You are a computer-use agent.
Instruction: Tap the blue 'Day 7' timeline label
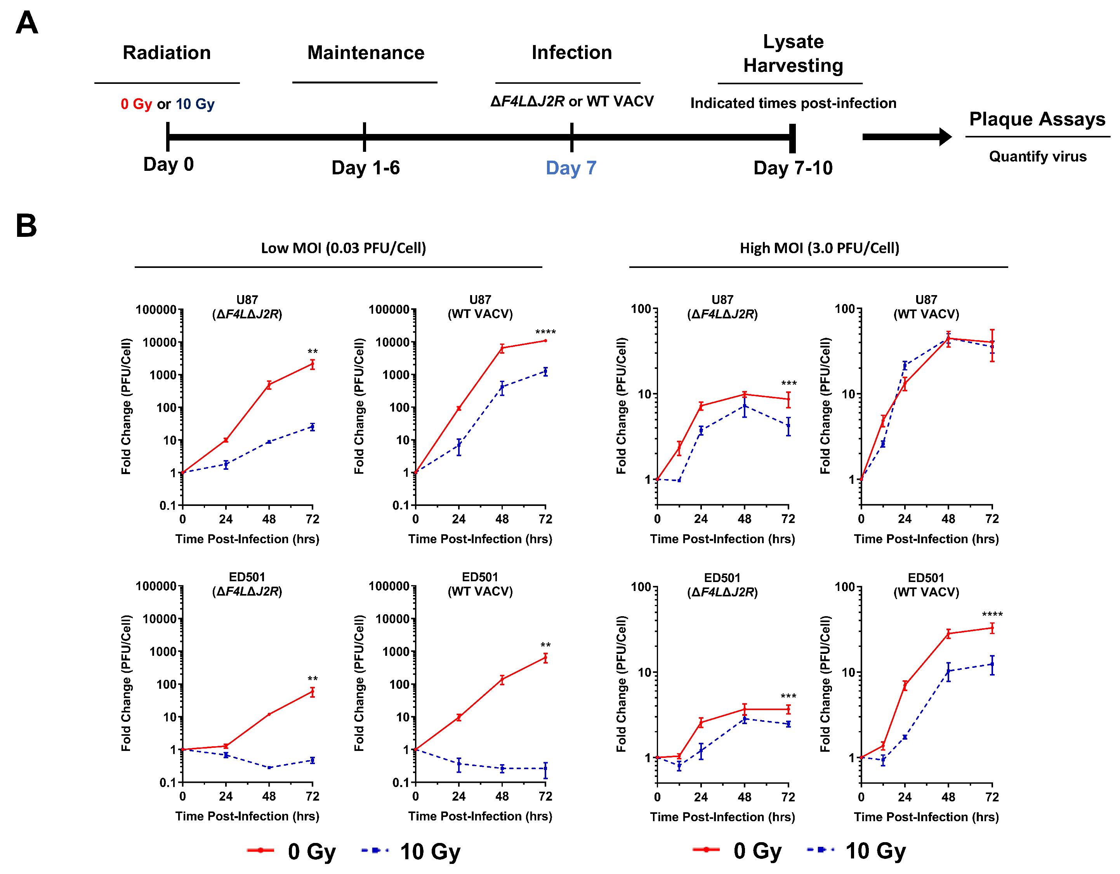point(571,168)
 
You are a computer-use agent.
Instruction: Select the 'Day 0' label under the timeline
point(168,165)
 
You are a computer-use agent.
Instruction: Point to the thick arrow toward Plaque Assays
point(906,137)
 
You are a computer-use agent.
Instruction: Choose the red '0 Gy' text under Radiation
point(136,104)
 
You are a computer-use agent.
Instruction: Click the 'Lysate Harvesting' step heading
point(793,53)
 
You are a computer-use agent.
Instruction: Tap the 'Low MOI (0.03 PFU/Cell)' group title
point(343,248)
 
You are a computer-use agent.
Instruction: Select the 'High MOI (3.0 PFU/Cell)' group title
point(819,248)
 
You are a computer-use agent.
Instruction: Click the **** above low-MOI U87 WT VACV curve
point(545,332)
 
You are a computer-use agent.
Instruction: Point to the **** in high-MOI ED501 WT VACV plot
point(992,615)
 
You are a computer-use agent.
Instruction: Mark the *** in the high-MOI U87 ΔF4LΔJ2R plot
point(788,384)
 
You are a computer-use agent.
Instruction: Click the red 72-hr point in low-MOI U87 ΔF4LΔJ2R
point(312,365)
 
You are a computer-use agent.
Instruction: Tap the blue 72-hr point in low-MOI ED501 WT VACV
point(545,769)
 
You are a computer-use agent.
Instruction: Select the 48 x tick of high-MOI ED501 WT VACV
point(948,797)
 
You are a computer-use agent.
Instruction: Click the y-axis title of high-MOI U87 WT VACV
point(825,406)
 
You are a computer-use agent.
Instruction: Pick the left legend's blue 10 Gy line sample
point(375,850)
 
